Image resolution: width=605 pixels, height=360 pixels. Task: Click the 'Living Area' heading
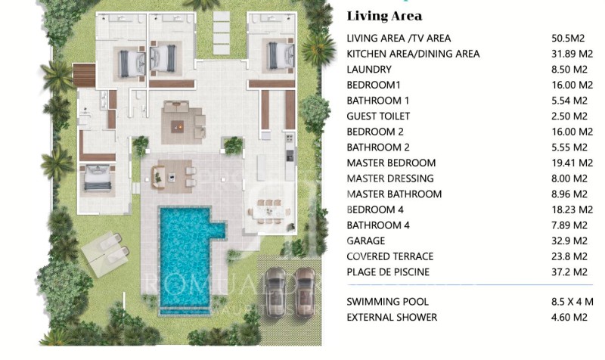point(384,16)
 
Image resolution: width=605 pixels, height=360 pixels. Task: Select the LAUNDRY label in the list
point(369,70)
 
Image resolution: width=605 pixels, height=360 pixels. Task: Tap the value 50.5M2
point(568,39)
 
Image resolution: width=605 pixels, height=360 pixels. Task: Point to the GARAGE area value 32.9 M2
point(569,241)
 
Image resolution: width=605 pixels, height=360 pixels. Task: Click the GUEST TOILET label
point(378,116)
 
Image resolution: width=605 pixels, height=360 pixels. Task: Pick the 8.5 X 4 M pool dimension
point(572,302)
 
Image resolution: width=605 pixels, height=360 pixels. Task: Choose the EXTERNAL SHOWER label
point(392,317)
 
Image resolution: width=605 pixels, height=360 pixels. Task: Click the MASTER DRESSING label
point(390,178)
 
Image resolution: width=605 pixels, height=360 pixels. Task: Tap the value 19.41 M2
point(572,163)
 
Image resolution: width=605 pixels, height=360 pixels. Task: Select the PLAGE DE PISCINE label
point(388,272)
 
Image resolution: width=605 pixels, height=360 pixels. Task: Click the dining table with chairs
point(270,212)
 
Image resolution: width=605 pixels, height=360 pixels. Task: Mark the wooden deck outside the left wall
point(84,75)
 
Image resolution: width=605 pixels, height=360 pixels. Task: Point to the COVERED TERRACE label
point(390,256)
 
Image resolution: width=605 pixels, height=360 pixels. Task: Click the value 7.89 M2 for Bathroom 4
point(569,225)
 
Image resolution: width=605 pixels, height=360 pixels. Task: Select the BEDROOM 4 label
point(375,210)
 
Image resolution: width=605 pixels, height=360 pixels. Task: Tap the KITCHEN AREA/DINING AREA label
point(413,54)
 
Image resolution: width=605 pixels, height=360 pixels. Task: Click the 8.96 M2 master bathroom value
point(569,194)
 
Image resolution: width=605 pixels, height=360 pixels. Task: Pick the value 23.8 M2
point(569,256)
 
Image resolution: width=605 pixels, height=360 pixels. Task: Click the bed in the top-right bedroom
point(281,55)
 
